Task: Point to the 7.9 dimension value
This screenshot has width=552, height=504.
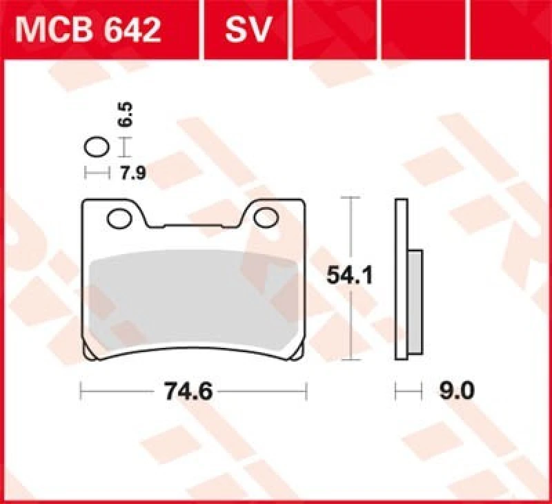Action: tap(133, 173)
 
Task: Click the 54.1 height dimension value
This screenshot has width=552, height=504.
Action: tap(349, 277)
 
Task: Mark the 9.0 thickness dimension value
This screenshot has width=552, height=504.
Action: tap(456, 392)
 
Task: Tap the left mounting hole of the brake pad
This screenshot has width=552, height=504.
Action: tap(119, 219)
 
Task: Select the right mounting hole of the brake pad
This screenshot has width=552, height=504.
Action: tap(265, 218)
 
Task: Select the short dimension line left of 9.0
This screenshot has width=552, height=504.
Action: tap(408, 392)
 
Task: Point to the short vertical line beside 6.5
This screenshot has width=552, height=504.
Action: tap(124, 147)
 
